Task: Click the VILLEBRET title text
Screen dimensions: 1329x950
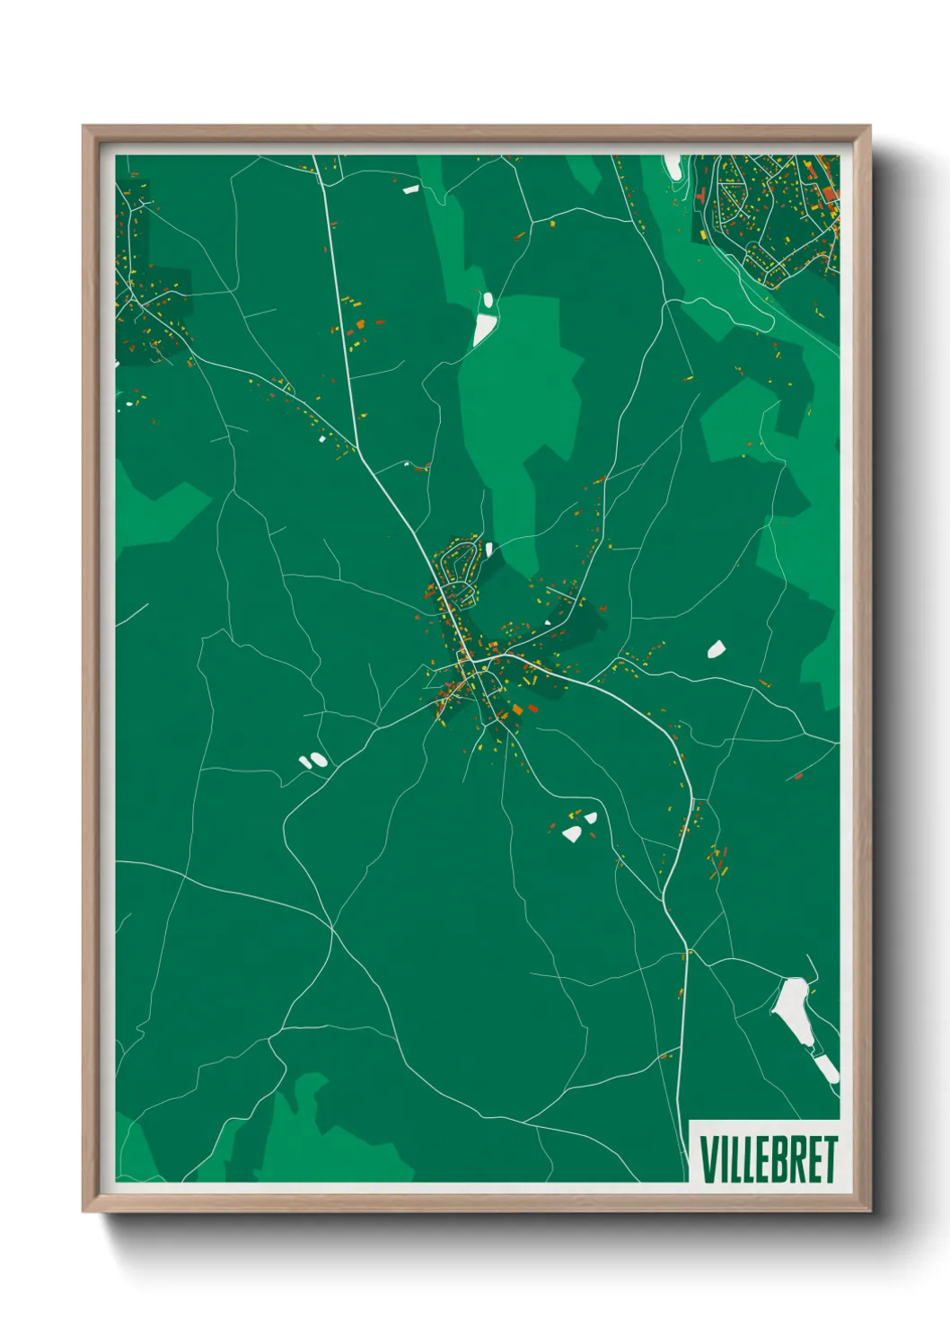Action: pos(768,1159)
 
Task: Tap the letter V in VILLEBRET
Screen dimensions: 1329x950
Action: pos(708,1159)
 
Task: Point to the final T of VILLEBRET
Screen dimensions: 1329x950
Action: pos(830,1159)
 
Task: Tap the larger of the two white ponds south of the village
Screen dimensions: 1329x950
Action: pos(571,834)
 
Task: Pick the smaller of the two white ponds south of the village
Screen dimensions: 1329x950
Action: pos(590,817)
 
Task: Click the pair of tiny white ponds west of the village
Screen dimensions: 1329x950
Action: pos(312,761)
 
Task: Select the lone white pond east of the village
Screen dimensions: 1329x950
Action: pos(716,648)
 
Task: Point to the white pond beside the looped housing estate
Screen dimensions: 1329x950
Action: pos(488,548)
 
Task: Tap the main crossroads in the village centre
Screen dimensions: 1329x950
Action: pos(469,662)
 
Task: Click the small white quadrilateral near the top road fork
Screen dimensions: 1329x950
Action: pos(410,189)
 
